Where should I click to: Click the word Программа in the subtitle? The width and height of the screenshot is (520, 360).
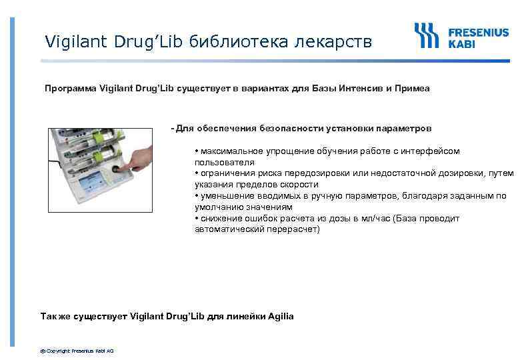tap(70, 88)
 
